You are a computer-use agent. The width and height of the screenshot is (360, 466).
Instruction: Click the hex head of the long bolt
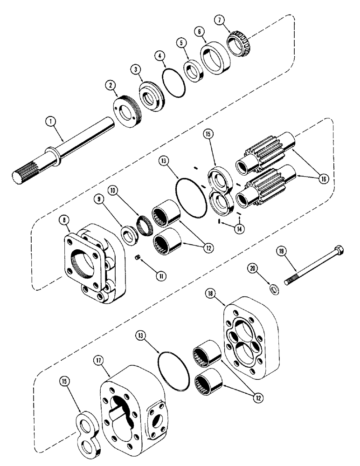[x=340, y=252]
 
